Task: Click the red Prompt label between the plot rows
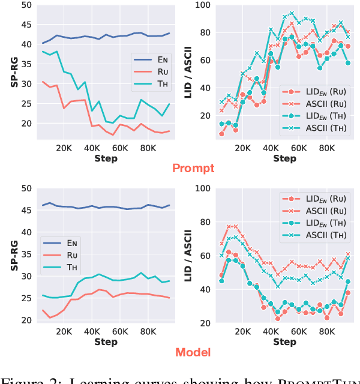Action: pyautogui.click(x=193, y=168)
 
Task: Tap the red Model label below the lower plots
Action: pyautogui.click(x=193, y=352)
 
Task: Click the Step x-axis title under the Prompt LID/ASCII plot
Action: pyautogui.click(x=284, y=158)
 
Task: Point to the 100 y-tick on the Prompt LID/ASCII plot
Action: pyautogui.click(x=204, y=5)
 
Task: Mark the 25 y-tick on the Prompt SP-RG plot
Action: pyautogui.click(x=26, y=104)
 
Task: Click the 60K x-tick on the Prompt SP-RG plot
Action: pyautogui.click(x=120, y=148)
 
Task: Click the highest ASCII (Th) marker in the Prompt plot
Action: pyautogui.click(x=292, y=13)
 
